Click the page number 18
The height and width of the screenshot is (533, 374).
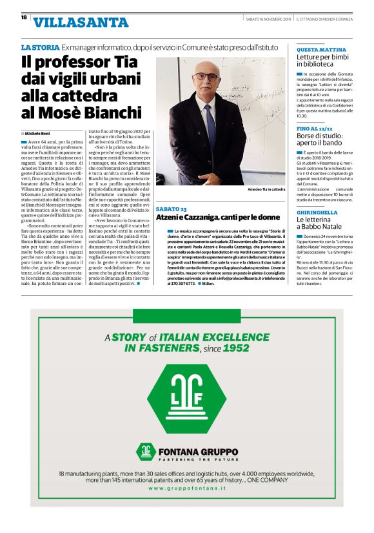point(23,18)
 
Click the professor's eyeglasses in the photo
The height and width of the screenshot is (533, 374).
point(206,76)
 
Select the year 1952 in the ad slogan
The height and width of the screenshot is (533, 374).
point(236,348)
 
